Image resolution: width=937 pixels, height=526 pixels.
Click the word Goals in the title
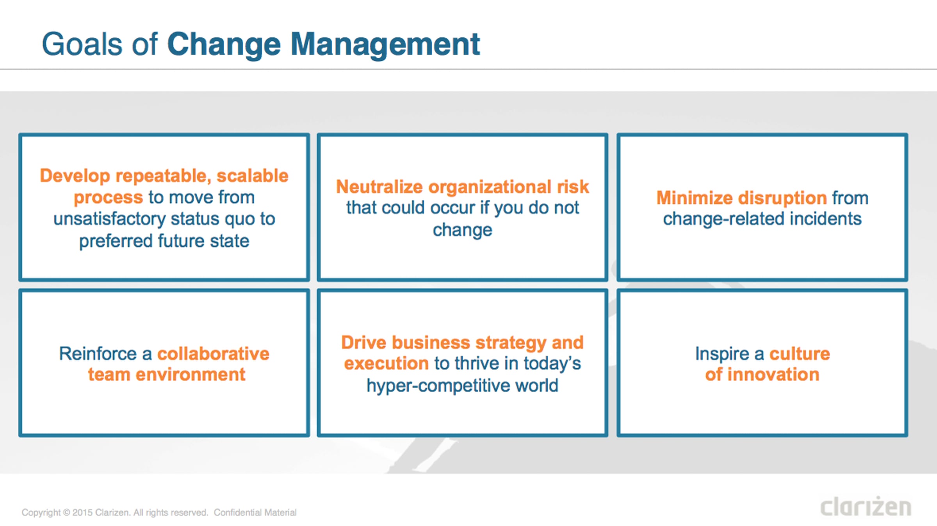(x=82, y=44)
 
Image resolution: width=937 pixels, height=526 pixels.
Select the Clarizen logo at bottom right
(x=866, y=506)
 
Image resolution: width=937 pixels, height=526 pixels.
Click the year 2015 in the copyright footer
(x=82, y=512)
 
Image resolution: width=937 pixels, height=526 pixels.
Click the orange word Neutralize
(x=379, y=187)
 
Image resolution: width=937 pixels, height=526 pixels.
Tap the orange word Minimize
(x=695, y=198)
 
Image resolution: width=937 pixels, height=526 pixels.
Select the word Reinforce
(x=98, y=354)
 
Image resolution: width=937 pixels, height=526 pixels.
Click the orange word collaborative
(x=213, y=354)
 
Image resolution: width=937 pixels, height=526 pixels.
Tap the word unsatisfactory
(x=109, y=219)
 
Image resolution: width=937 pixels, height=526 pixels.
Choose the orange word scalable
(x=252, y=176)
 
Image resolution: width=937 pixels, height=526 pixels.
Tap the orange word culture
(x=800, y=354)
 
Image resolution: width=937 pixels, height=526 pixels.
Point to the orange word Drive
(x=364, y=343)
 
